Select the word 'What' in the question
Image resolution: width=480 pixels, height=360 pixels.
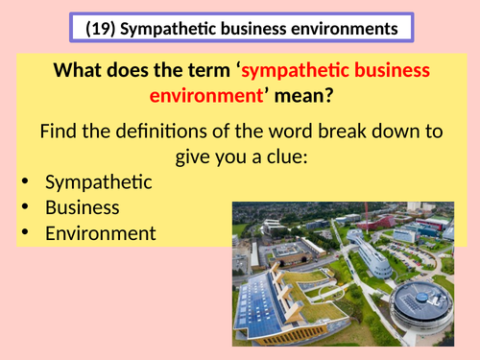pyautogui.click(x=79, y=71)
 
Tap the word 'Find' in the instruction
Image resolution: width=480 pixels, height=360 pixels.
pyautogui.click(x=60, y=132)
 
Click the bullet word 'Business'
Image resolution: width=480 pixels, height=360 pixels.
pyautogui.click(x=82, y=206)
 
